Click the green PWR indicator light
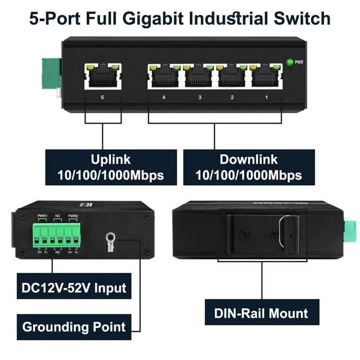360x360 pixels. click(x=290, y=62)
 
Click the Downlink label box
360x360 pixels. click(x=249, y=166)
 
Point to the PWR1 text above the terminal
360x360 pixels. click(x=42, y=216)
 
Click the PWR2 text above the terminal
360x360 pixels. click(x=73, y=216)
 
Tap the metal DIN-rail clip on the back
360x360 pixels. click(x=287, y=231)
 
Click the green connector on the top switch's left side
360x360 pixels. click(x=49, y=73)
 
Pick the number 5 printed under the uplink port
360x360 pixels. click(x=102, y=97)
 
